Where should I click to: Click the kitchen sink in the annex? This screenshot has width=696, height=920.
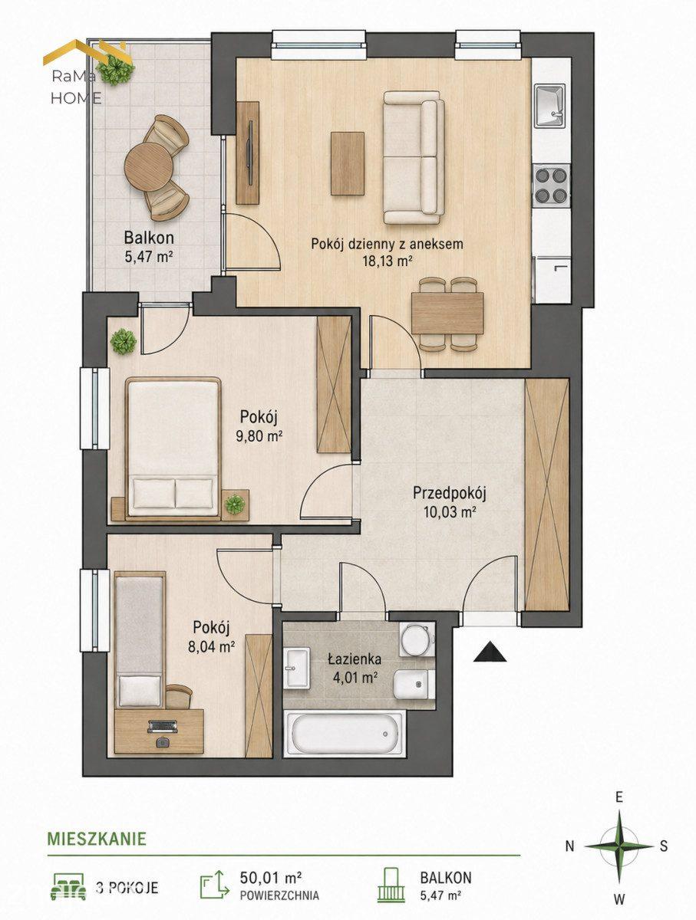[x=549, y=105]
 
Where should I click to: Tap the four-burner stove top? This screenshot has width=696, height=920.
[x=551, y=186]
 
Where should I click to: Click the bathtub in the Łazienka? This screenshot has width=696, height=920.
[x=345, y=734]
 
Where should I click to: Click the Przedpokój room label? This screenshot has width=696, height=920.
[x=450, y=493]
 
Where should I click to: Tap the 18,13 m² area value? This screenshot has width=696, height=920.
[x=387, y=261]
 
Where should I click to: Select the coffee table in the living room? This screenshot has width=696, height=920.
[x=348, y=163]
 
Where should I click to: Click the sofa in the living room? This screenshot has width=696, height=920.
[x=414, y=158]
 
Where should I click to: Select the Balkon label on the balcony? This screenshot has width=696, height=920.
[x=149, y=238]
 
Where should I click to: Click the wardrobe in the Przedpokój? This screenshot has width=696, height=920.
[x=547, y=495]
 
